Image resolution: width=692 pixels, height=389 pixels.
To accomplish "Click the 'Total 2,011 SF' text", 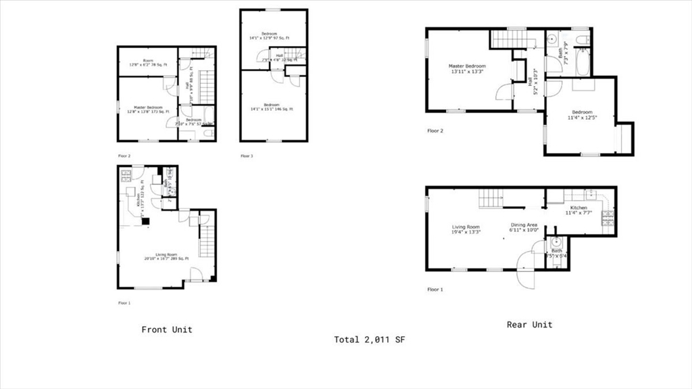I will coord(369,340).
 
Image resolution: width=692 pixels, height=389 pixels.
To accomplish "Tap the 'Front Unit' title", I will coord(167,329).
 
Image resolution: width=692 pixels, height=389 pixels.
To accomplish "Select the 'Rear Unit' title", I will coord(529,325).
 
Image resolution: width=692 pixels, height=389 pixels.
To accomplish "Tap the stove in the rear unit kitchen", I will coord(606,217).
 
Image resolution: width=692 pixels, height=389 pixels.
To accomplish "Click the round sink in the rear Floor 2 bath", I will coord(551,39).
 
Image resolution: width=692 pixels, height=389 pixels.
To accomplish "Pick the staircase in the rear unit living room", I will coord(491,199).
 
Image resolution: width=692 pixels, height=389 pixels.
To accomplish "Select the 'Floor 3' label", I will coord(247,156).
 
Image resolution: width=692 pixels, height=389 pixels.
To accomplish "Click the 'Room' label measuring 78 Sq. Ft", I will coord(147,62).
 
